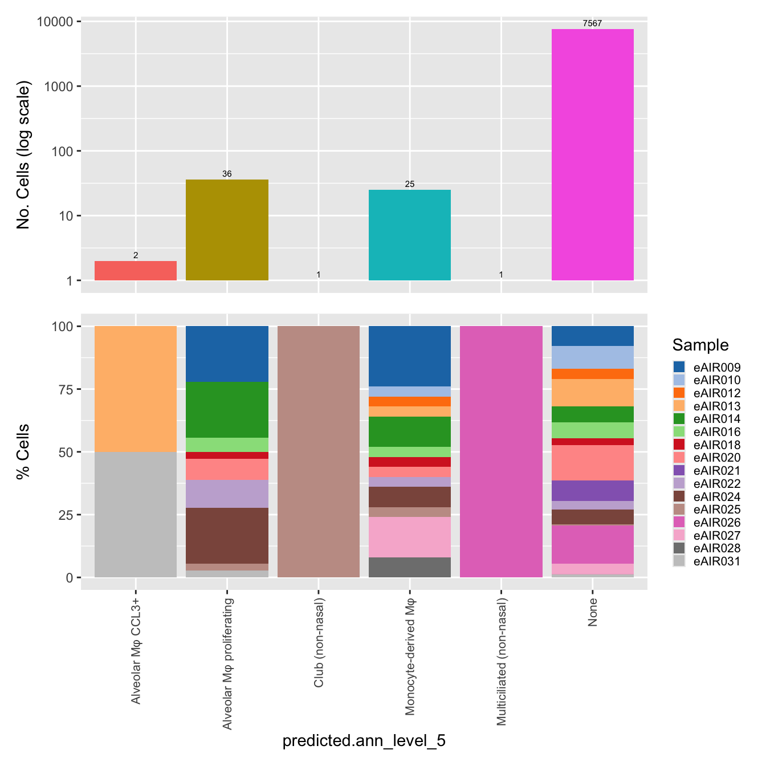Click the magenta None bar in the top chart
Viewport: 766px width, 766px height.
click(592, 154)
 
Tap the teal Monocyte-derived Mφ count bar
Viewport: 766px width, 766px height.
click(409, 235)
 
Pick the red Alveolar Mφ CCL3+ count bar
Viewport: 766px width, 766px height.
click(136, 271)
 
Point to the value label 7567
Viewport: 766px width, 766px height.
click(592, 23)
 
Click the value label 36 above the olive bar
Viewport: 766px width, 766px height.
click(227, 174)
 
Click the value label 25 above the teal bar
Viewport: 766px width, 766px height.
click(409, 184)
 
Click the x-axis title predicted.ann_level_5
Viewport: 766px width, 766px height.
click(364, 740)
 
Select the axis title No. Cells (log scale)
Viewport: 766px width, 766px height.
click(23, 155)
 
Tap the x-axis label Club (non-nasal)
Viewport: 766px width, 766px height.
click(319, 642)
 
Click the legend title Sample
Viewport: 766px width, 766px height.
click(700, 345)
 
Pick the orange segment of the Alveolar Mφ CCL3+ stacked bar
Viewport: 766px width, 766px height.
click(136, 389)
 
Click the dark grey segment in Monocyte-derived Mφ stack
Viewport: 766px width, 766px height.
click(409, 567)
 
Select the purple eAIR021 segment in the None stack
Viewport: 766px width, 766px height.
click(592, 491)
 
